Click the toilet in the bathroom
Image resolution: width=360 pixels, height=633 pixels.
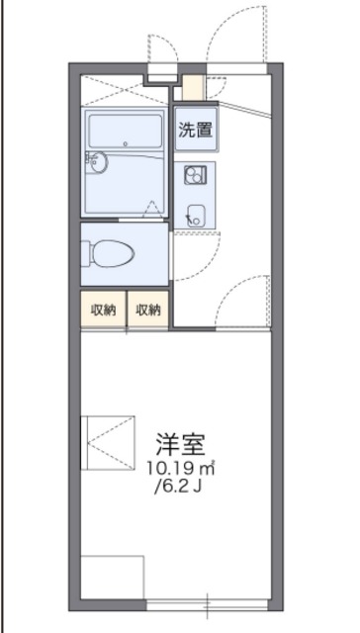(111, 253)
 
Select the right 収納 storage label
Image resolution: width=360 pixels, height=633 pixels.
(148, 310)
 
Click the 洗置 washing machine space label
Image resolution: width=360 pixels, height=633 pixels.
(195, 129)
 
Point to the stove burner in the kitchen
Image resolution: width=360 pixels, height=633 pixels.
(194, 174)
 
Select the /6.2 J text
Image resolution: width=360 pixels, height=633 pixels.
(180, 487)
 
